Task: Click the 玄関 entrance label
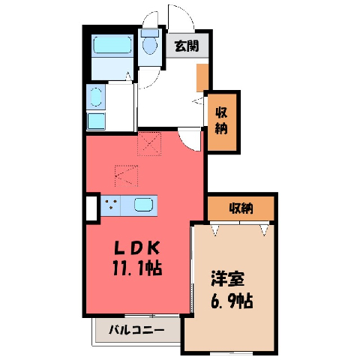(187, 46)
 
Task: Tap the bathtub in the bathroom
(112, 45)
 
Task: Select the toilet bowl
(150, 46)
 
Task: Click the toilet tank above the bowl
(150, 33)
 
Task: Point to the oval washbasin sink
(96, 97)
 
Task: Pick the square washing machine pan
(96, 121)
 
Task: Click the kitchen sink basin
(143, 205)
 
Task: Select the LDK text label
(137, 248)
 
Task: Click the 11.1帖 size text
(137, 268)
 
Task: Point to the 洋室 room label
(228, 279)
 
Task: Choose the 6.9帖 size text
(232, 300)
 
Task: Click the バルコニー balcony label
(136, 330)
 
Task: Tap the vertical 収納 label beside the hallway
(221, 121)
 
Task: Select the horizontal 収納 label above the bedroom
(241, 208)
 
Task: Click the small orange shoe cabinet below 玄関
(202, 78)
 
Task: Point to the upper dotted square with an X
(149, 144)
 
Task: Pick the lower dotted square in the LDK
(126, 175)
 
